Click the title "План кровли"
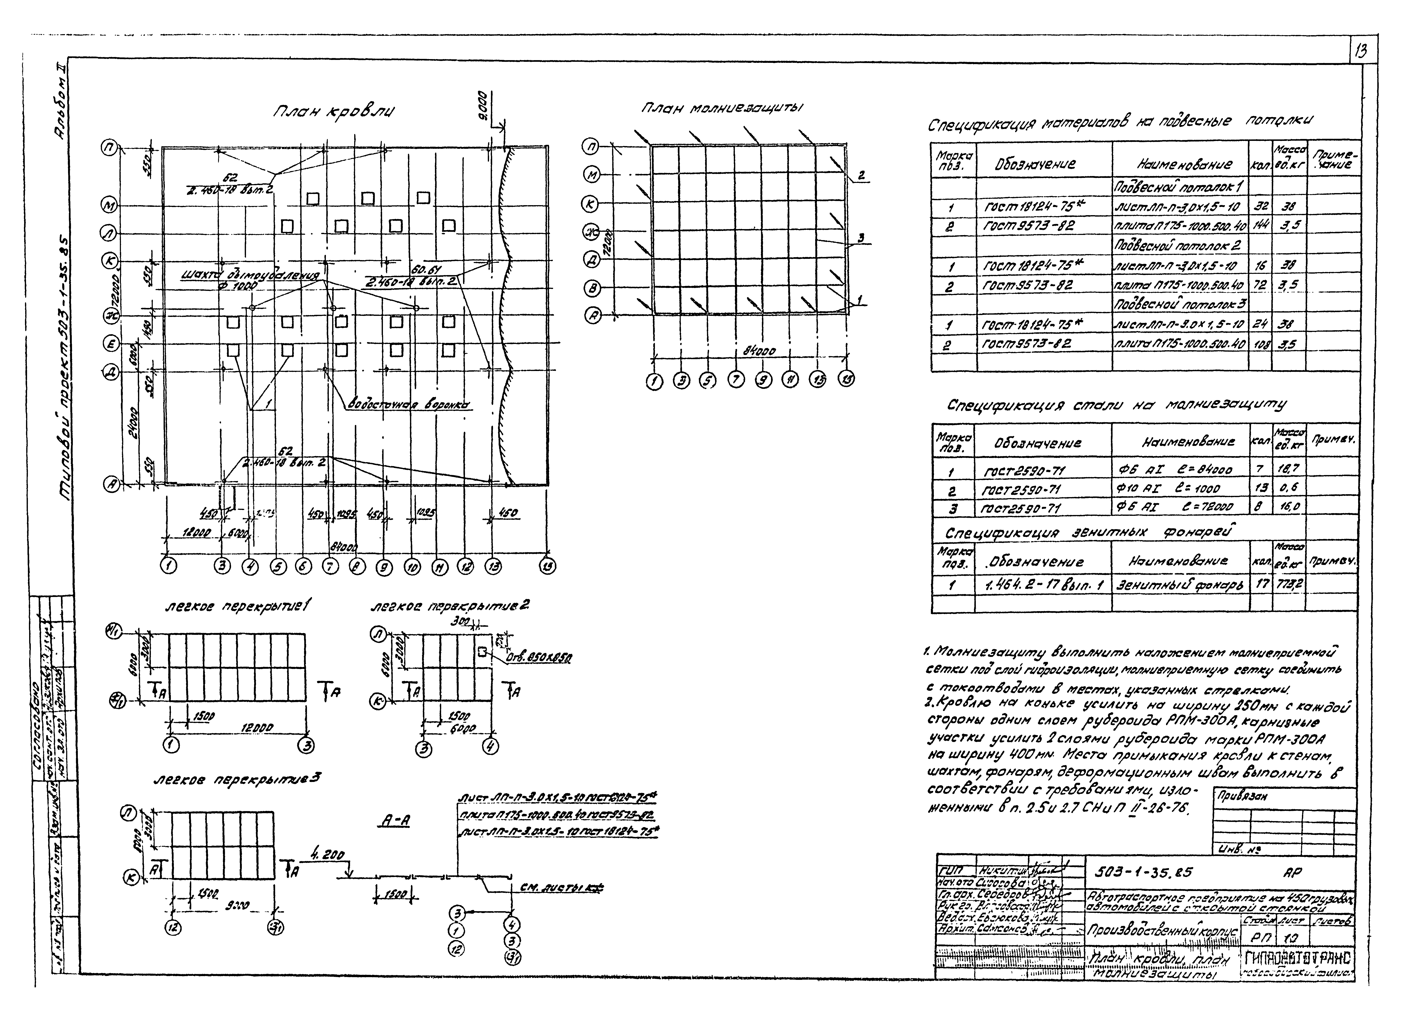334,112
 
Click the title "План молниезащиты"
722,108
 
